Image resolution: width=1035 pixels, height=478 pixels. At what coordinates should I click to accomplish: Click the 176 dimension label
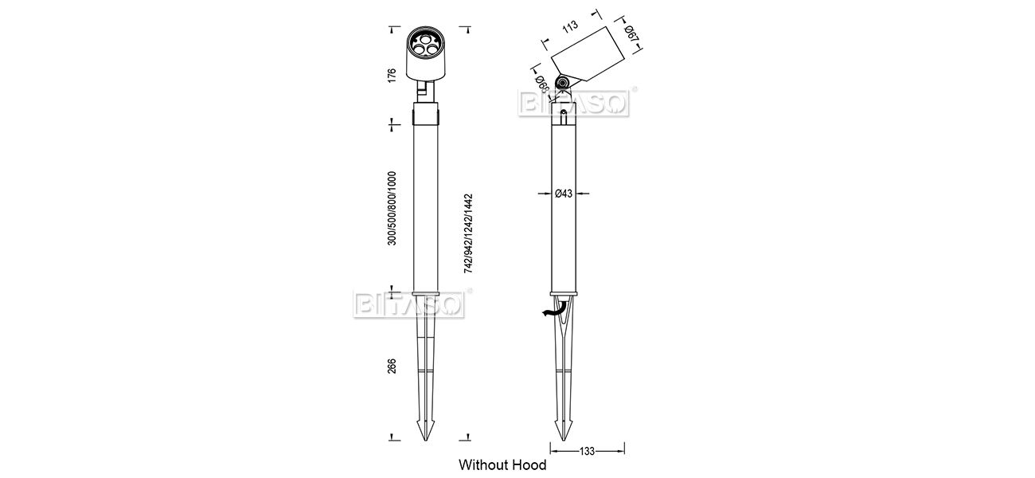pos(392,76)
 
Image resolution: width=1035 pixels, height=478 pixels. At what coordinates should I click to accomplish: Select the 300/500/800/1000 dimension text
pos(392,209)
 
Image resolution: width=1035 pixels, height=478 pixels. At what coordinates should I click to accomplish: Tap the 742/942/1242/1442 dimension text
pos(468,233)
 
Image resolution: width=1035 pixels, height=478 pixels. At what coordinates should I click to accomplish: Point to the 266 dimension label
pos(392,366)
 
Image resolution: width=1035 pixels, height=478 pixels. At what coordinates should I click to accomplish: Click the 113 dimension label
pos(571,25)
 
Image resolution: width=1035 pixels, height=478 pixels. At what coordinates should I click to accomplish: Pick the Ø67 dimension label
pos(631,34)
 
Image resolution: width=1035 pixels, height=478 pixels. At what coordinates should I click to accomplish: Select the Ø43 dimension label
pos(564,194)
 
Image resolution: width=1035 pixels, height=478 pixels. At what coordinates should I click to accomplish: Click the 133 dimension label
pos(587,451)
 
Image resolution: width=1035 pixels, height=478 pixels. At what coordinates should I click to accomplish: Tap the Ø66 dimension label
pos(542,84)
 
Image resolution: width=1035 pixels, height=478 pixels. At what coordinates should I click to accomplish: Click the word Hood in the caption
pos(529,465)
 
